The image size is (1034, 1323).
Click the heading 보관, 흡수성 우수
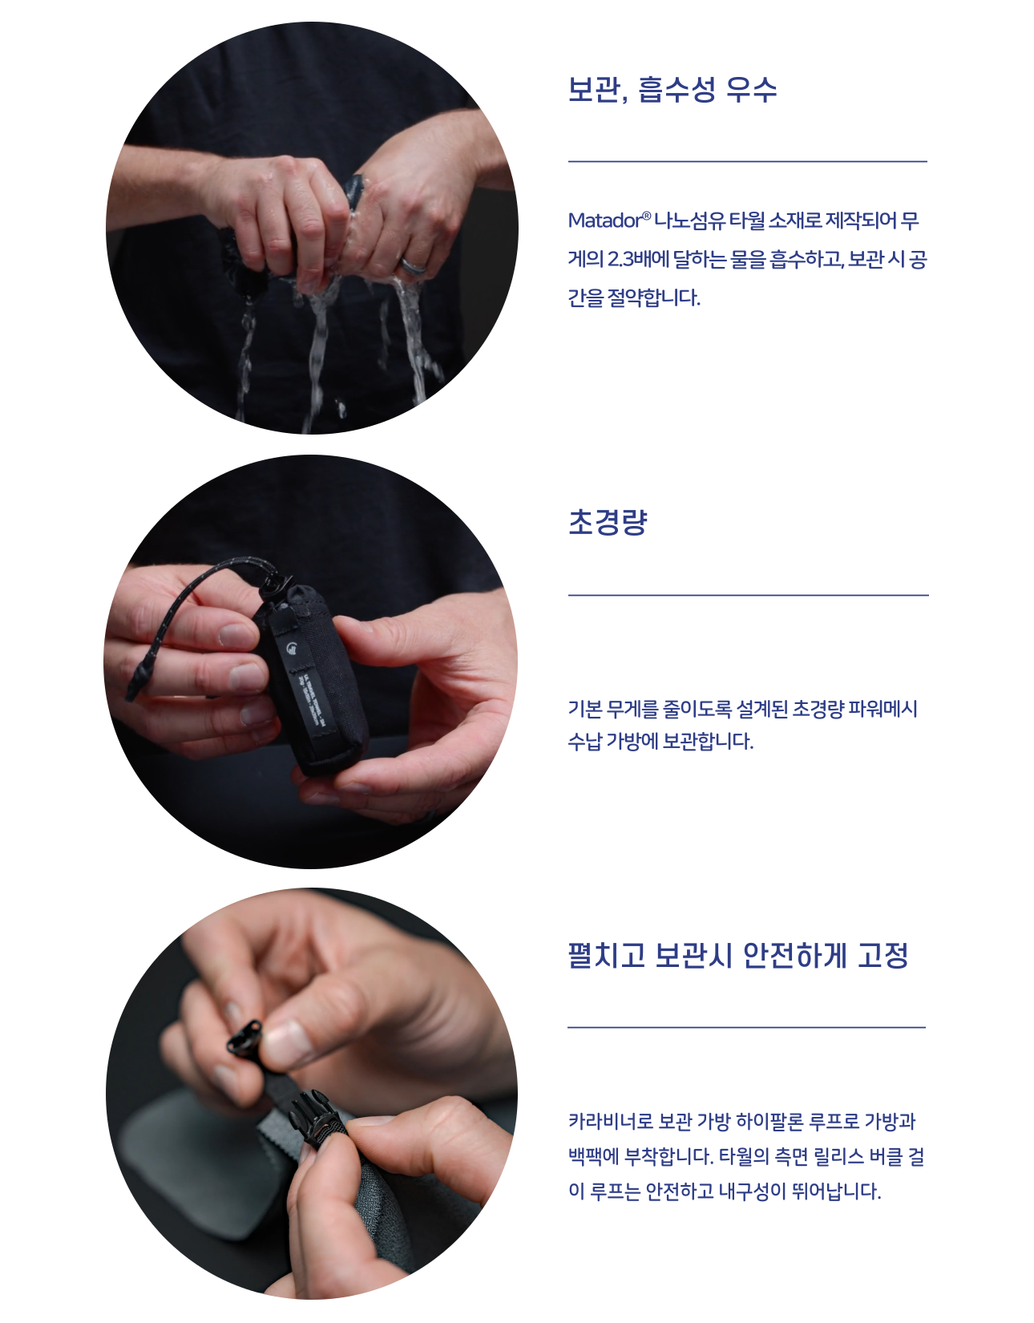click(x=672, y=90)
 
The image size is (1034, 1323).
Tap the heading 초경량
click(x=607, y=522)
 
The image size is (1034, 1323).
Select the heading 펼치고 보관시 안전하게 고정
click(x=737, y=955)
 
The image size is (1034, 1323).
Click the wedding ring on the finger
click(x=413, y=265)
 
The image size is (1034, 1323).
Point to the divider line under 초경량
click(x=748, y=595)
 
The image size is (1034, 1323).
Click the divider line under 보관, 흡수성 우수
click(x=747, y=161)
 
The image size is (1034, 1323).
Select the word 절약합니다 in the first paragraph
click(x=653, y=298)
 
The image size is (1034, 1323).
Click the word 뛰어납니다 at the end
click(x=837, y=1191)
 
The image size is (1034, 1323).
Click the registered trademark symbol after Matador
click(x=646, y=216)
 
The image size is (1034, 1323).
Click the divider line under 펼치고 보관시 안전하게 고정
click(x=747, y=1027)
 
